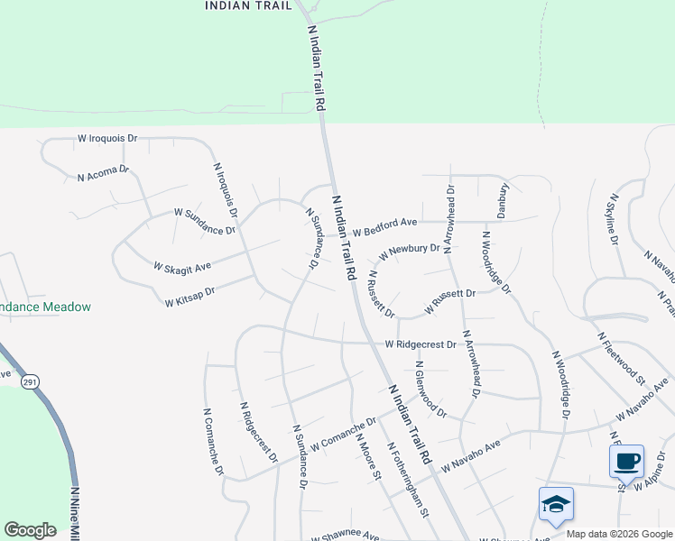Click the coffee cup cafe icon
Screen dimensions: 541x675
(x=626, y=463)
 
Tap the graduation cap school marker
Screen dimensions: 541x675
(x=556, y=505)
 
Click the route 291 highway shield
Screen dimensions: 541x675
(x=31, y=382)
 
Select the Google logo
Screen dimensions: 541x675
(x=30, y=530)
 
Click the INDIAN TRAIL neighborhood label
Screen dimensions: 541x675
(x=249, y=5)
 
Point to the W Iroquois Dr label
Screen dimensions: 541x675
(x=107, y=139)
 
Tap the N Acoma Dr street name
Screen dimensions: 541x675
(x=103, y=172)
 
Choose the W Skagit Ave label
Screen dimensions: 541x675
(x=181, y=268)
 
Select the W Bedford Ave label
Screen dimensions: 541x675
(x=384, y=226)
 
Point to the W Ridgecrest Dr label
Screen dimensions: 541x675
(x=421, y=344)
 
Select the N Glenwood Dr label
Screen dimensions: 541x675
(x=430, y=390)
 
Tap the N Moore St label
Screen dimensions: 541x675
(x=369, y=457)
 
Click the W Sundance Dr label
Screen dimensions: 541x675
(x=205, y=221)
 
